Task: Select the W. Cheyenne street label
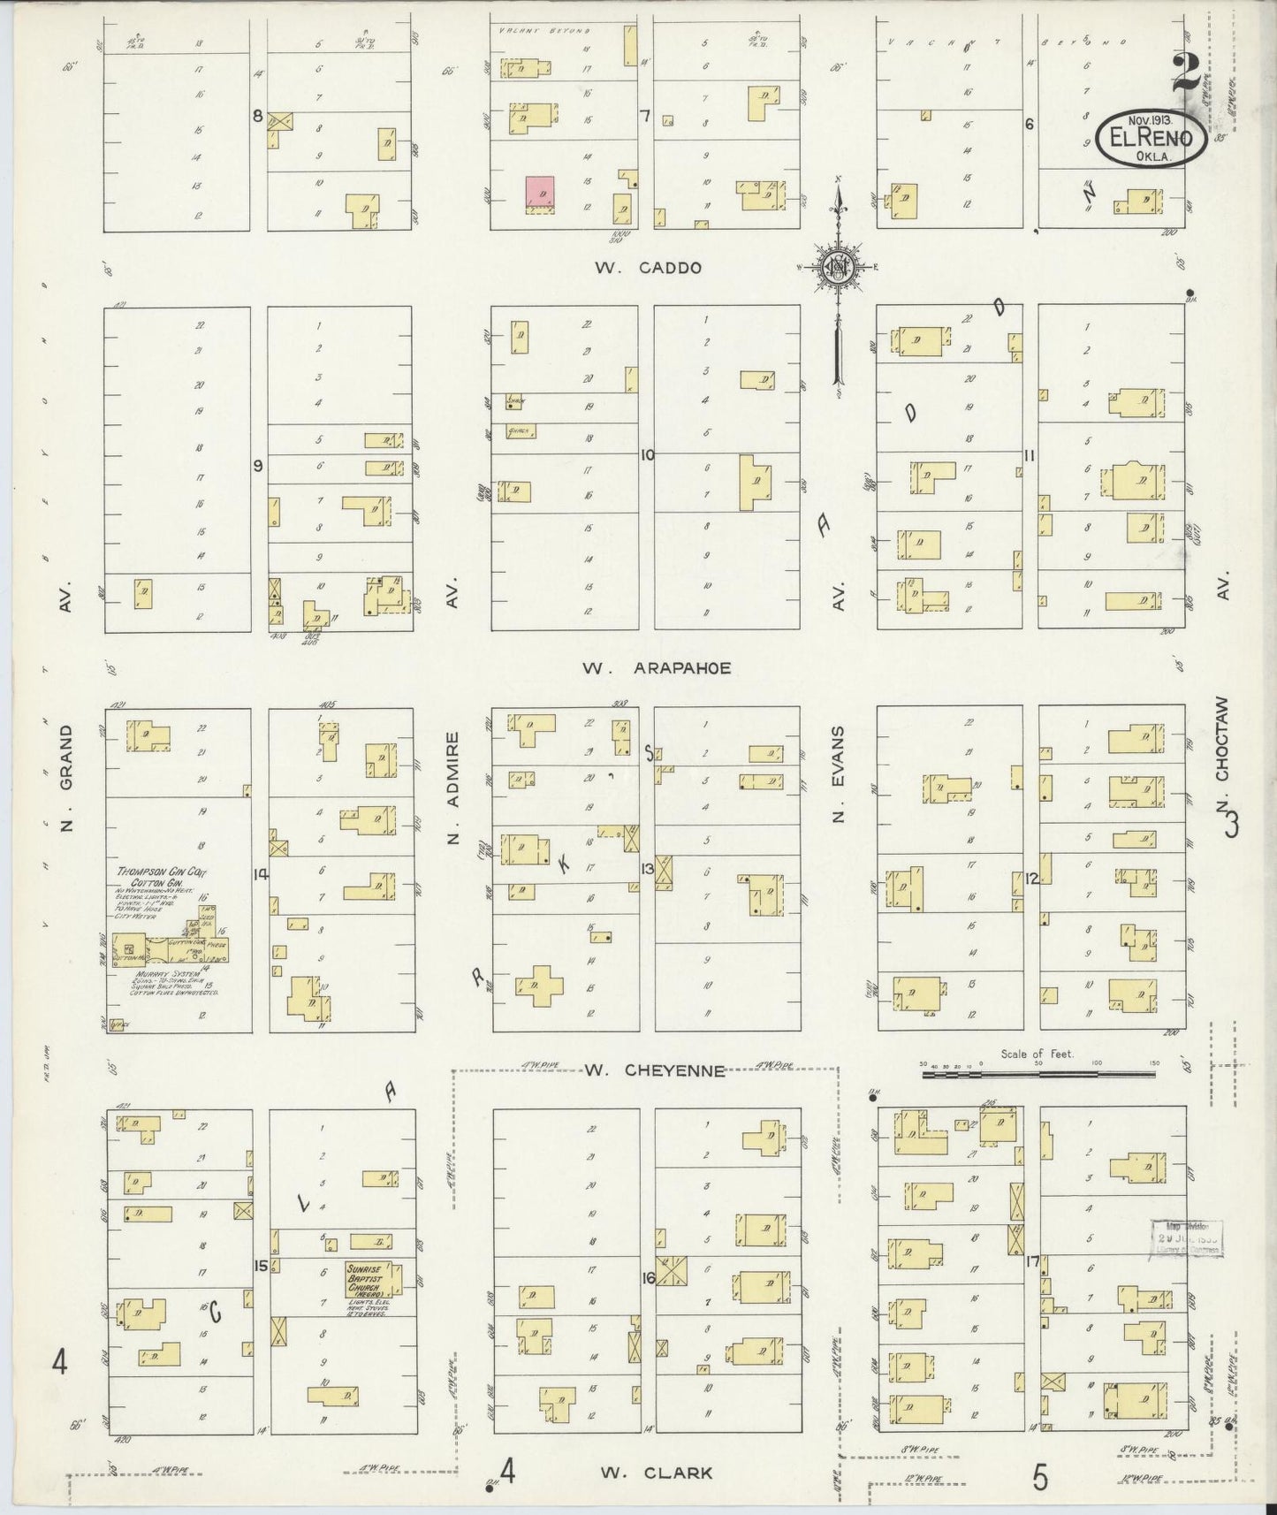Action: (654, 1071)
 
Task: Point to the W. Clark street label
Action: (657, 1473)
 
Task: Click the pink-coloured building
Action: (540, 192)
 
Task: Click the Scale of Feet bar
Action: (1038, 1073)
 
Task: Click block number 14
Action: (260, 874)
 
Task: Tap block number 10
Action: (648, 455)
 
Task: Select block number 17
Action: (1030, 1261)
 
